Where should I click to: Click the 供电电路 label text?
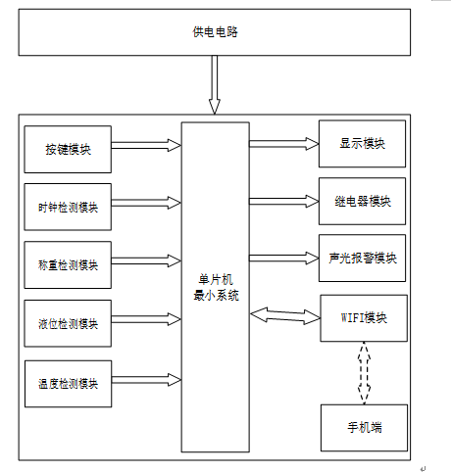(215, 32)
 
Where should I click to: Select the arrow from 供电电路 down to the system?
(215, 84)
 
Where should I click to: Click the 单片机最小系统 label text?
(216, 288)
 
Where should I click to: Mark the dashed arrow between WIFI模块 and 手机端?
(364, 373)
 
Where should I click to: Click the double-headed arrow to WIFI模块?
(285, 315)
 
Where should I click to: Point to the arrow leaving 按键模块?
(146, 145)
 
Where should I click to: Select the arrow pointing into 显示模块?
(284, 144)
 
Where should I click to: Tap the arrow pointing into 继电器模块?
(284, 201)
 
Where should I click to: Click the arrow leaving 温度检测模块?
(146, 380)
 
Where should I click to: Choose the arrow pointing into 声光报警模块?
(284, 258)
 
